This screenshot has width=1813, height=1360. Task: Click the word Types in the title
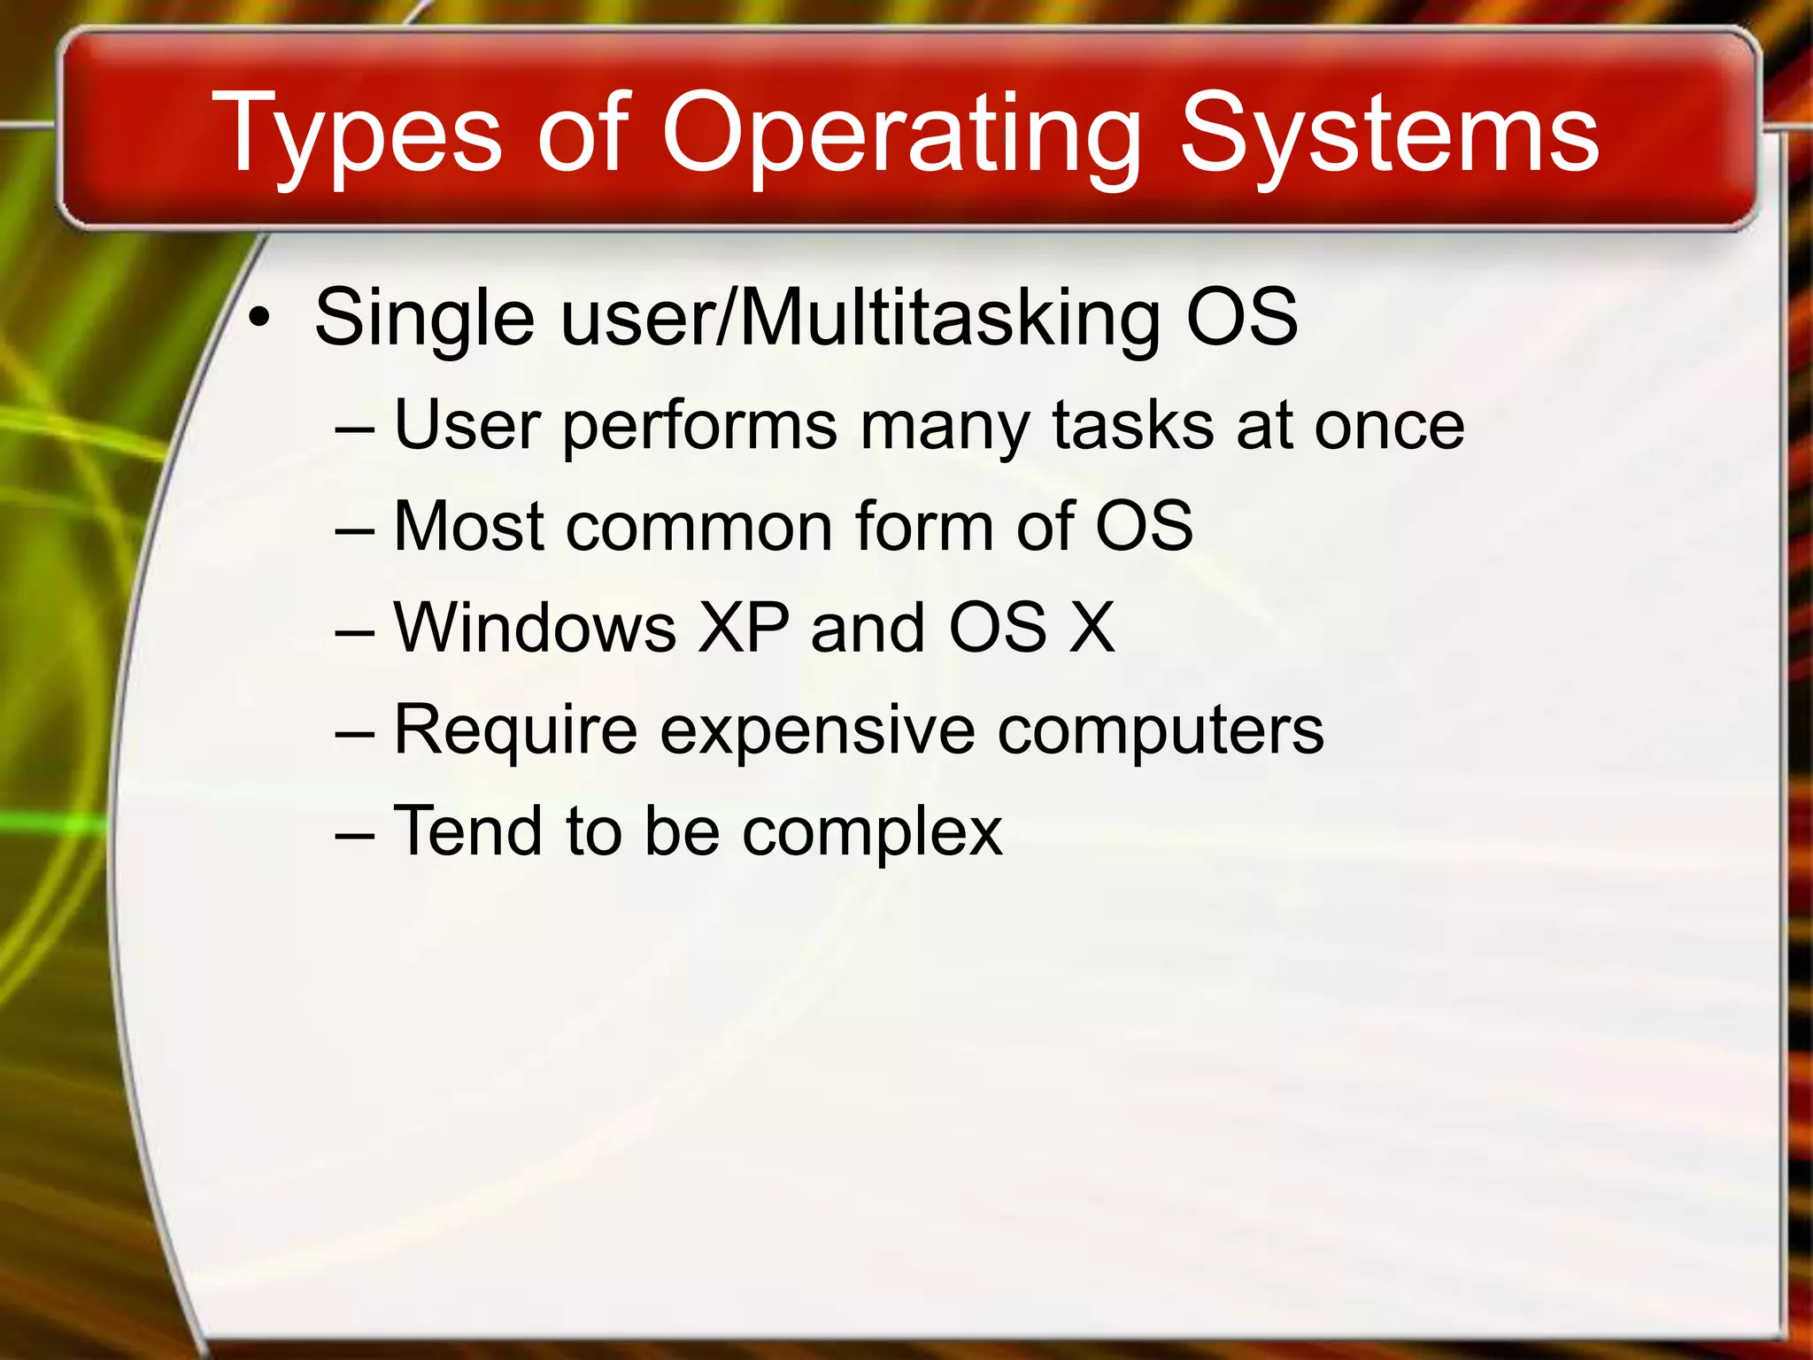point(357,135)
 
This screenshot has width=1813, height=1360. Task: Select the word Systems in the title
point(1389,135)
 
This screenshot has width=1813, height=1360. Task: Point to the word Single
point(424,319)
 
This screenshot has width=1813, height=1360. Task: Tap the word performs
point(699,427)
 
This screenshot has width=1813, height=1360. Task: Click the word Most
point(468,527)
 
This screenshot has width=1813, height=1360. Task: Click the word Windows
point(535,628)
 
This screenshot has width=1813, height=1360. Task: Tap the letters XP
point(742,628)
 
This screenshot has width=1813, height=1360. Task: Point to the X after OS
point(1092,628)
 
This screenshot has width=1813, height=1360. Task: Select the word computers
point(1160,731)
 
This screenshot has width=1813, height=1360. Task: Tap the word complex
point(871,833)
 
